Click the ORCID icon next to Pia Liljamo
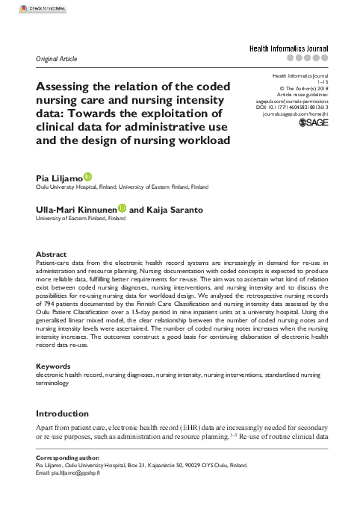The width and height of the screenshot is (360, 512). click(87, 175)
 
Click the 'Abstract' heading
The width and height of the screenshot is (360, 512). click(50, 255)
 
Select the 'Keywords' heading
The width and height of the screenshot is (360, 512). click(53, 366)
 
